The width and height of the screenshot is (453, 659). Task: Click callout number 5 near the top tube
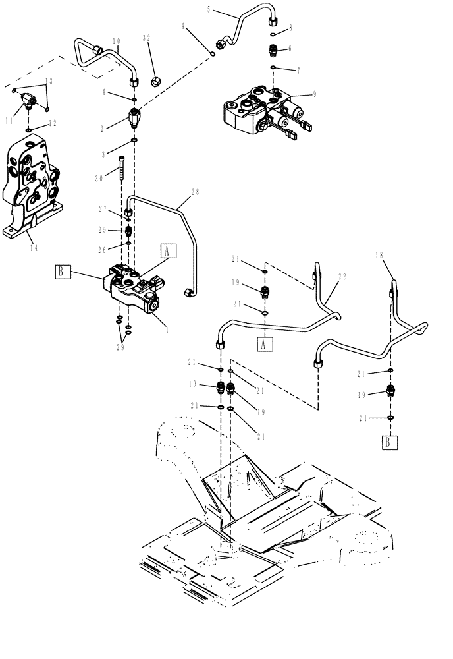209,10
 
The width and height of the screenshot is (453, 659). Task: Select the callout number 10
115,42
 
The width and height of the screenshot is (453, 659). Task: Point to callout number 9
314,94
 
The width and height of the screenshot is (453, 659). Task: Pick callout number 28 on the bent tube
194,192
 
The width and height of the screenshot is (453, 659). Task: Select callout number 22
341,277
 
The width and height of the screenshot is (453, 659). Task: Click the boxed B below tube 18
390,442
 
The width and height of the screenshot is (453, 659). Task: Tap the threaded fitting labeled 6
273,49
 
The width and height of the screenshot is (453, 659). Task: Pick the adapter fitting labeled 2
134,119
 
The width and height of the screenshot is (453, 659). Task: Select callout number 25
102,229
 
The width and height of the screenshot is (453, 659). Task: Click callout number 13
47,81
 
